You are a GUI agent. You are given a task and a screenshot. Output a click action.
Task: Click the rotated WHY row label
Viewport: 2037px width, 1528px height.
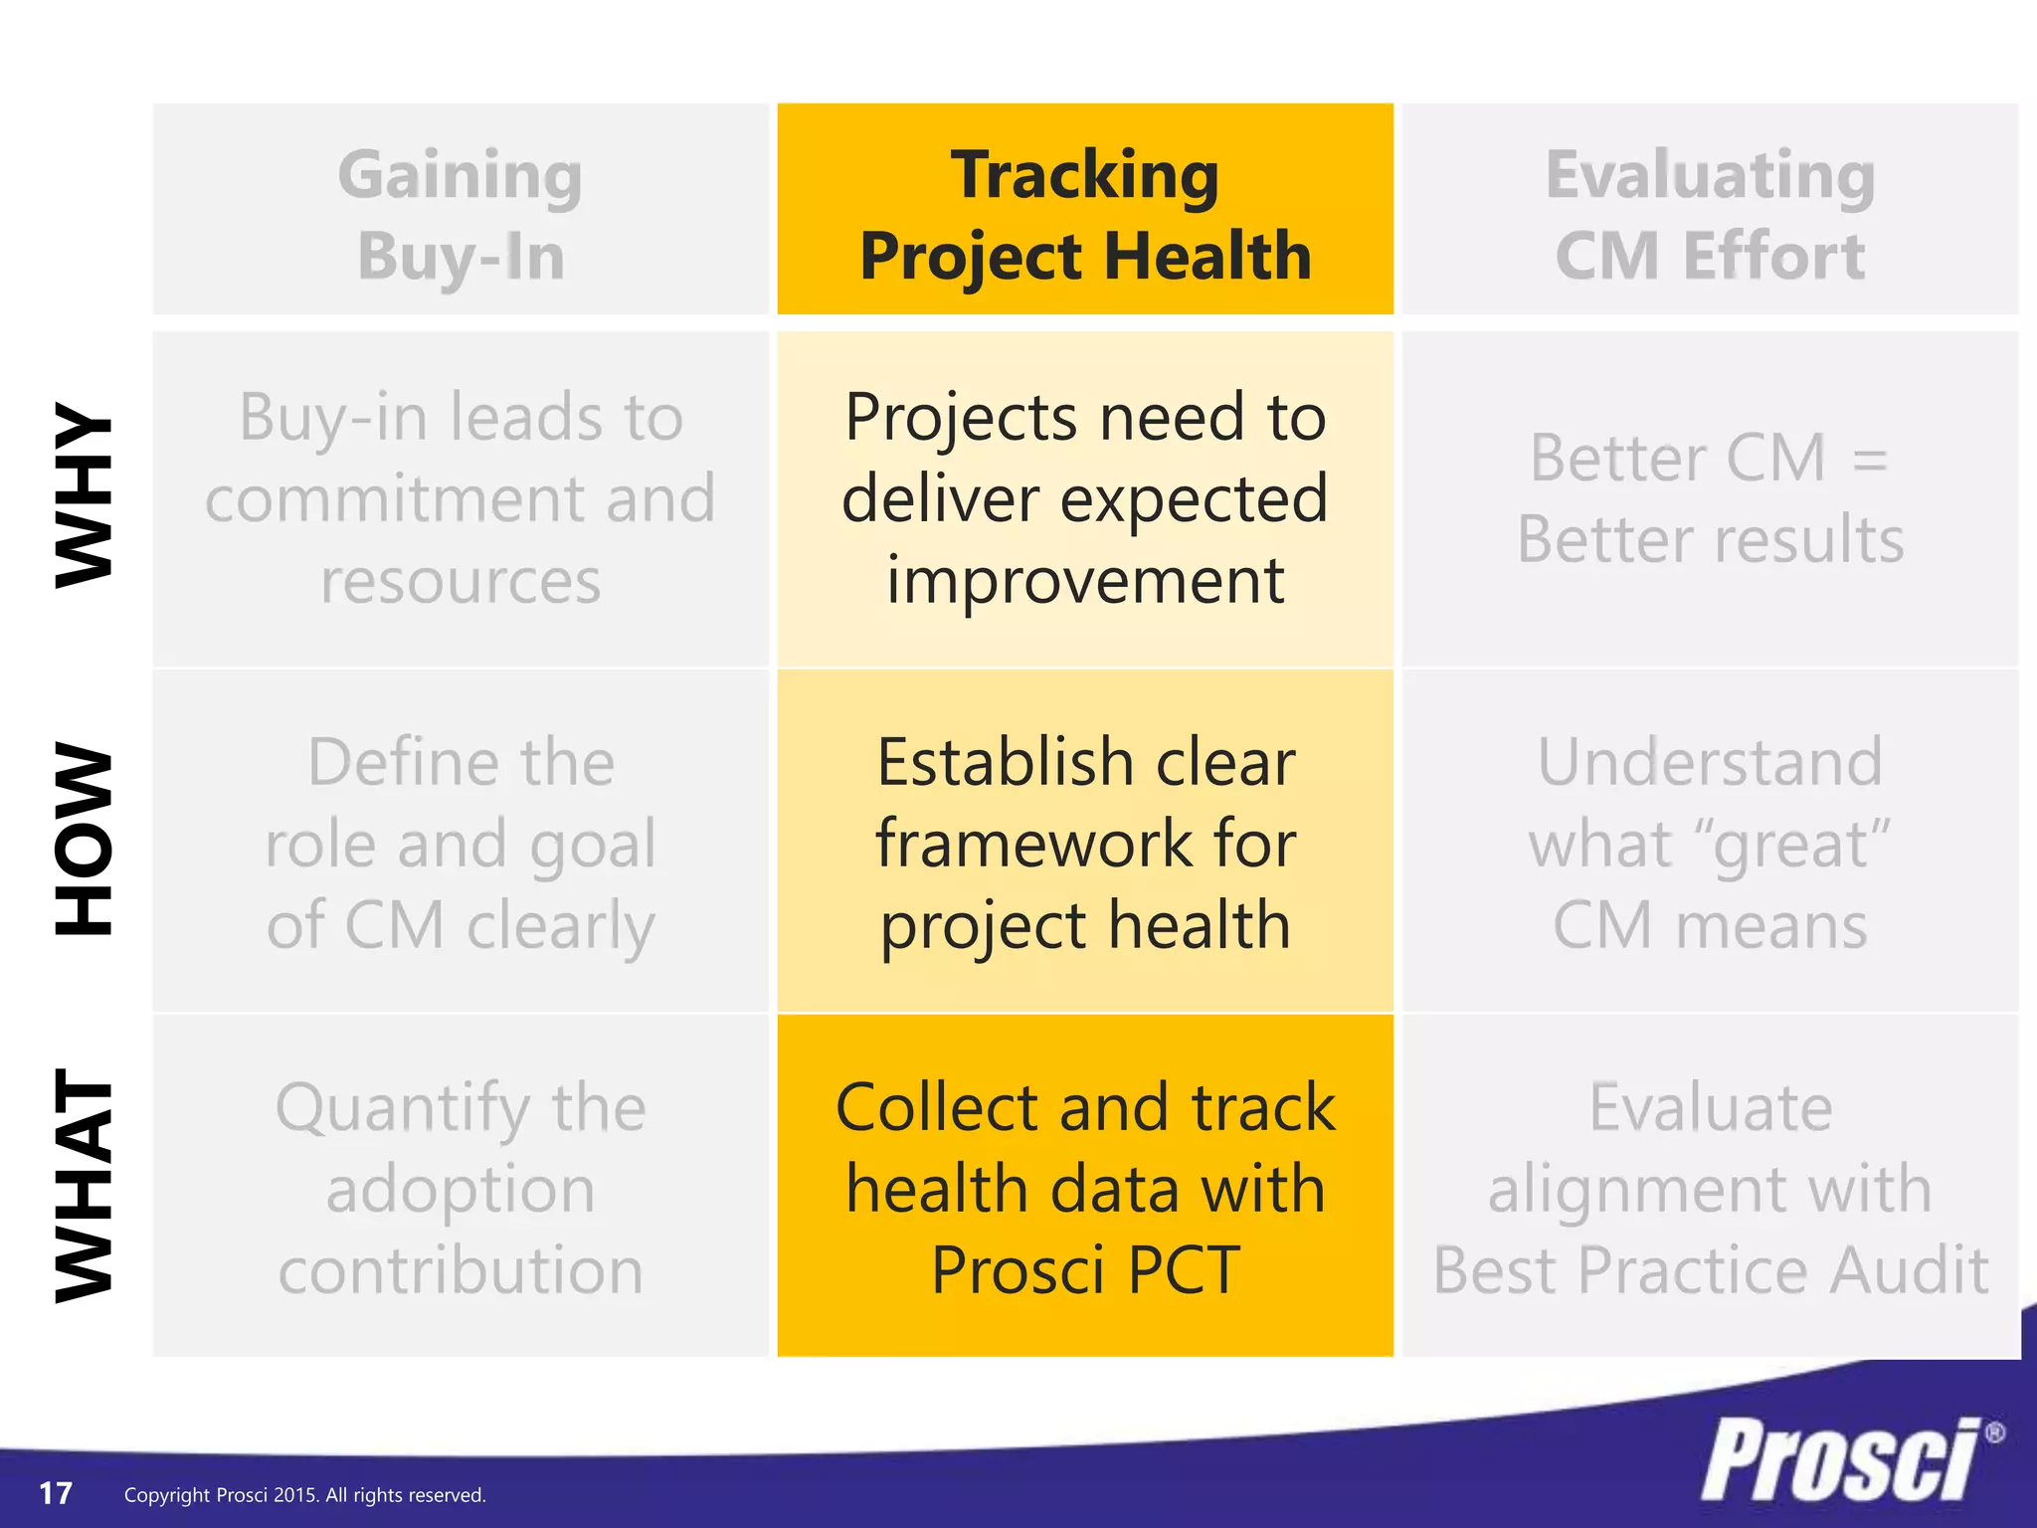coord(84,494)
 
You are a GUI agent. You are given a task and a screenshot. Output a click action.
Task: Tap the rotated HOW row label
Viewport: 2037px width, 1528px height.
coord(84,839)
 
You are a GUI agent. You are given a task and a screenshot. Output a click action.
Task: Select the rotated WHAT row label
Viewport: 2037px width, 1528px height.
coord(84,1185)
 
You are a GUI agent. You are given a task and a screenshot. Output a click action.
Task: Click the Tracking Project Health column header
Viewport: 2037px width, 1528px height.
coord(1085,213)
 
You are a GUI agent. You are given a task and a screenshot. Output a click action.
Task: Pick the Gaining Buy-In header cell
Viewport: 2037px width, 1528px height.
coord(461,213)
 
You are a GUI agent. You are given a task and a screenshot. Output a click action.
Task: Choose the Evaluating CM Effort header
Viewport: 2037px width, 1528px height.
coord(1709,213)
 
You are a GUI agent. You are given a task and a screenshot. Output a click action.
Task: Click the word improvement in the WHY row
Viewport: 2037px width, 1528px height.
coord(1085,581)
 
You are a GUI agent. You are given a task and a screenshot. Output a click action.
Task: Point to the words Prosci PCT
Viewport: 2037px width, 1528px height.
coord(1085,1270)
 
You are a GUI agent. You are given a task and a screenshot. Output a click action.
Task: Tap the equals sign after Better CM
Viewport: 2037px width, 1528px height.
coord(1870,460)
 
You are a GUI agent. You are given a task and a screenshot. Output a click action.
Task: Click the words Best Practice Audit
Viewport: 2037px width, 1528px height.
coord(1709,1270)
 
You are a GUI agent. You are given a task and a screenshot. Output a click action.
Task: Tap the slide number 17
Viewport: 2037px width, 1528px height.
coord(56,1493)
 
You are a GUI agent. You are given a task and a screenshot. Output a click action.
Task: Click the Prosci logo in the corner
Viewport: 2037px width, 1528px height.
coord(1840,1460)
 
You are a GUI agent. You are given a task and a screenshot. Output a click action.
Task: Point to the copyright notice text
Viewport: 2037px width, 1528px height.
coord(304,1495)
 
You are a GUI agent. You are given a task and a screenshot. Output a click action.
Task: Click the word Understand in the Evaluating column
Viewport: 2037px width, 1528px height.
coord(1709,763)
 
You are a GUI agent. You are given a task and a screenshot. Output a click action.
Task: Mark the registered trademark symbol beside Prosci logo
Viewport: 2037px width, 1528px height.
coord(1994,1433)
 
